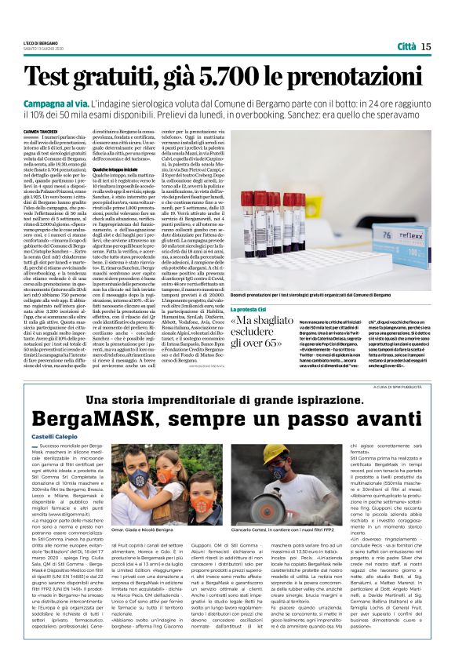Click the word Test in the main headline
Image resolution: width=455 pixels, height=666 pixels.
pyautogui.click(x=66, y=76)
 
